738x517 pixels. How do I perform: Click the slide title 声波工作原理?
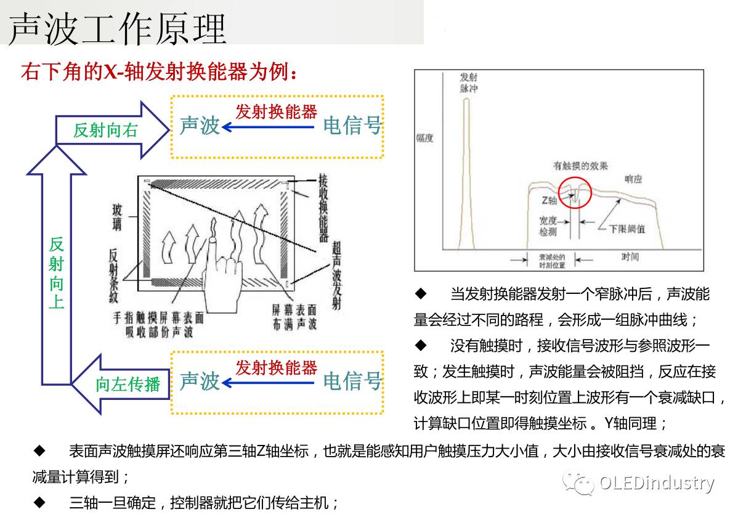[x=117, y=28]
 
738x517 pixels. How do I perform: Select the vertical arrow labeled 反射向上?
[x=56, y=271]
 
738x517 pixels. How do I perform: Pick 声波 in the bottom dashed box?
[x=200, y=381]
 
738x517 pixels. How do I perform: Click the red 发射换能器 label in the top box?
[x=276, y=112]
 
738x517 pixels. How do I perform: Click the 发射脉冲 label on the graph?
[x=469, y=83]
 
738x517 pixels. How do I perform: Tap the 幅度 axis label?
[x=424, y=139]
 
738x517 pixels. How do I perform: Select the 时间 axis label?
[x=630, y=256]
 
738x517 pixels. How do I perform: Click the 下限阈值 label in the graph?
[x=627, y=229]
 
